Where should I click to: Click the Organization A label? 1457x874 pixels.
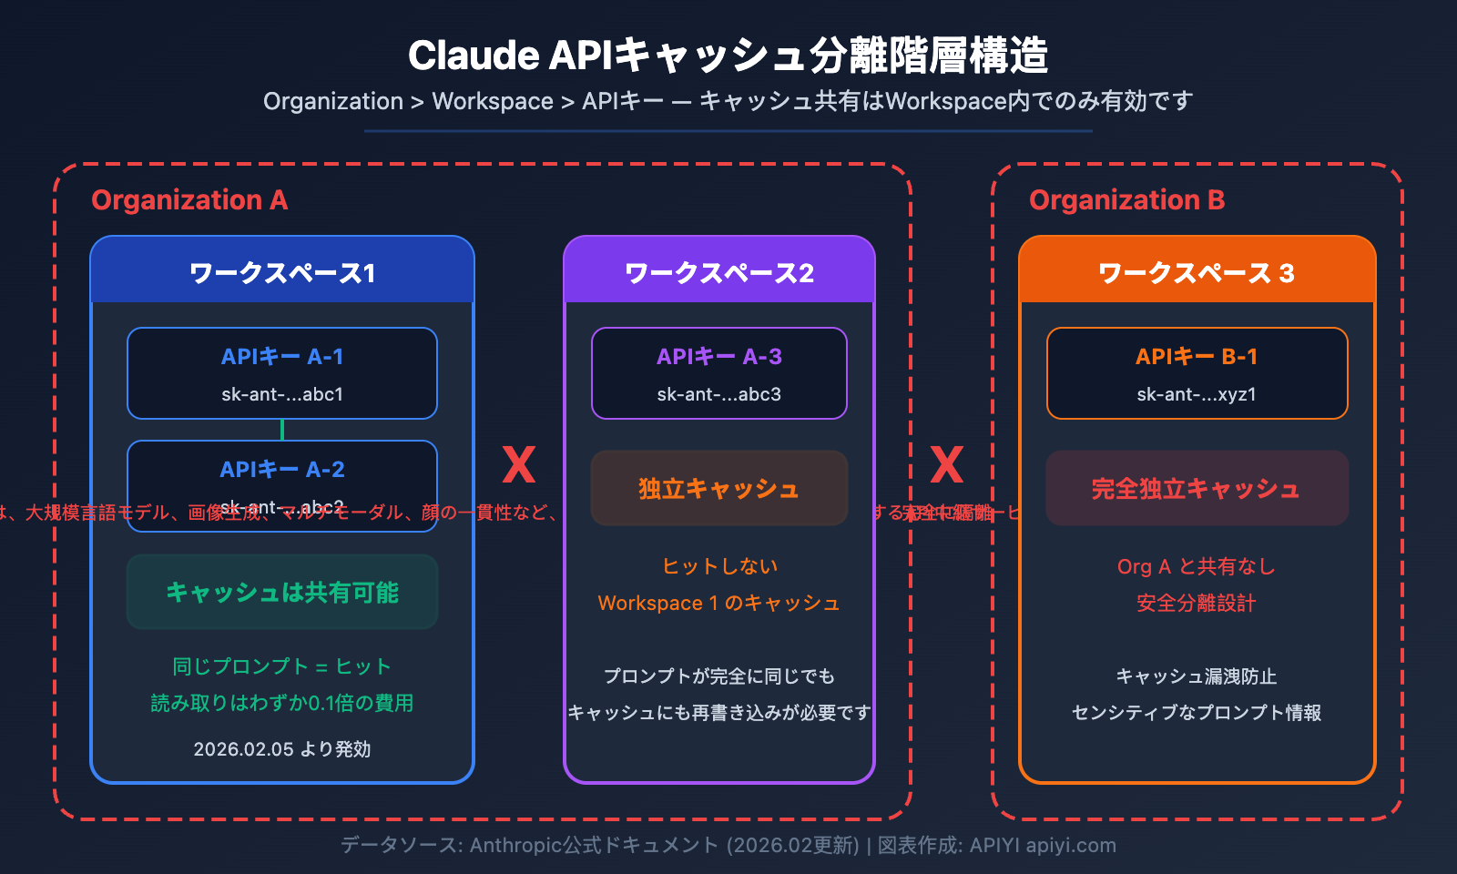click(189, 199)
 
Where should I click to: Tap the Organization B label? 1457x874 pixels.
click(1126, 199)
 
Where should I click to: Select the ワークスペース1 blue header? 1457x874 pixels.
click(282, 272)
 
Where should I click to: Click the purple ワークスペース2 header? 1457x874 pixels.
click(719, 272)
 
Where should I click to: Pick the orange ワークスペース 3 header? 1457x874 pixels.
click(1197, 272)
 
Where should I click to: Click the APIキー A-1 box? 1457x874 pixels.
click(282, 373)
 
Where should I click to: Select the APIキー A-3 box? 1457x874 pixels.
click(719, 373)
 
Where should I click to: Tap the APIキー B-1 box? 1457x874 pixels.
click(1197, 373)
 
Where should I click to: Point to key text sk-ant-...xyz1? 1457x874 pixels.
click(1197, 394)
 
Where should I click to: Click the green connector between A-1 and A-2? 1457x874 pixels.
click(282, 430)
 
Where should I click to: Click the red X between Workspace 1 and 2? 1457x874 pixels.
click(519, 465)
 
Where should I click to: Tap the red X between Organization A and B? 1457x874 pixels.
click(947, 465)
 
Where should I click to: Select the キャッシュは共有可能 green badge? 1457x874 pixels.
click(282, 592)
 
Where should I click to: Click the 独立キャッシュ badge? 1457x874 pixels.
click(719, 488)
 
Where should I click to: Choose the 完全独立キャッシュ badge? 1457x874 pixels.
click(1197, 488)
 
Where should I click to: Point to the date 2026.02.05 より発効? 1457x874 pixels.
click(282, 749)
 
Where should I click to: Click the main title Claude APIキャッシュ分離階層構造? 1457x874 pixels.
click(728, 56)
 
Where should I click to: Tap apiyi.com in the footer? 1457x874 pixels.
click(1071, 845)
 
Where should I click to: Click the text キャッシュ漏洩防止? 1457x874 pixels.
click(1197, 676)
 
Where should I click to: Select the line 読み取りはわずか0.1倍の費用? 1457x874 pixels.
click(282, 703)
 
